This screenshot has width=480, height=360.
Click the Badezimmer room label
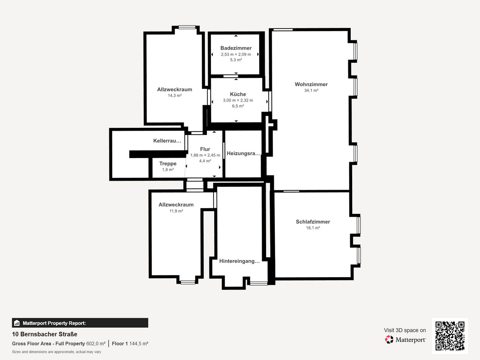pos(236,48)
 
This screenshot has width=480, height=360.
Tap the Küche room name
pos(238,94)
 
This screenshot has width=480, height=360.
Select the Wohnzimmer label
pos(311,84)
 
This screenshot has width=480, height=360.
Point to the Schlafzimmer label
pos(313,222)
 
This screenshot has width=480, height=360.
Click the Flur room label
pos(205,149)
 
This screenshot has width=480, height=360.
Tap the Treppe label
pos(168,163)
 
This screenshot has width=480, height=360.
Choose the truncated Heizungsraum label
pos(244,153)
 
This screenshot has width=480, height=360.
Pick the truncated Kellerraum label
pos(167,141)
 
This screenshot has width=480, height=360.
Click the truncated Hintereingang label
pos(239,261)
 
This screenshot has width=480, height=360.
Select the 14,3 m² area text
pos(175,95)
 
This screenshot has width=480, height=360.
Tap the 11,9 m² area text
pos(176,211)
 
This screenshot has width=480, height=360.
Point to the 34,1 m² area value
pos(311,90)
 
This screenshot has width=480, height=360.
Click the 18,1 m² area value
pos(313,228)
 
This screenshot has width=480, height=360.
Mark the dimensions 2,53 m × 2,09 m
pos(236,54)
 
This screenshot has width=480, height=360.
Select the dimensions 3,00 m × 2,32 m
pos(238,100)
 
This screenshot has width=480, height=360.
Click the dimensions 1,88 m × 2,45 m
pos(205,155)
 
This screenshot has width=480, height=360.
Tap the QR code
pos(450,336)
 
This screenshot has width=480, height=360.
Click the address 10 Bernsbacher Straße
pos(45,334)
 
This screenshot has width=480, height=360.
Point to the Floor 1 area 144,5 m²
pos(130,343)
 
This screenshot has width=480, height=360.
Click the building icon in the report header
pos(17,323)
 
